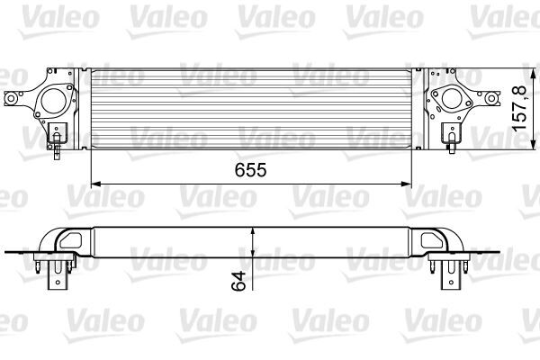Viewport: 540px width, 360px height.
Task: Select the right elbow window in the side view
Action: pyautogui.click(x=430, y=239)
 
